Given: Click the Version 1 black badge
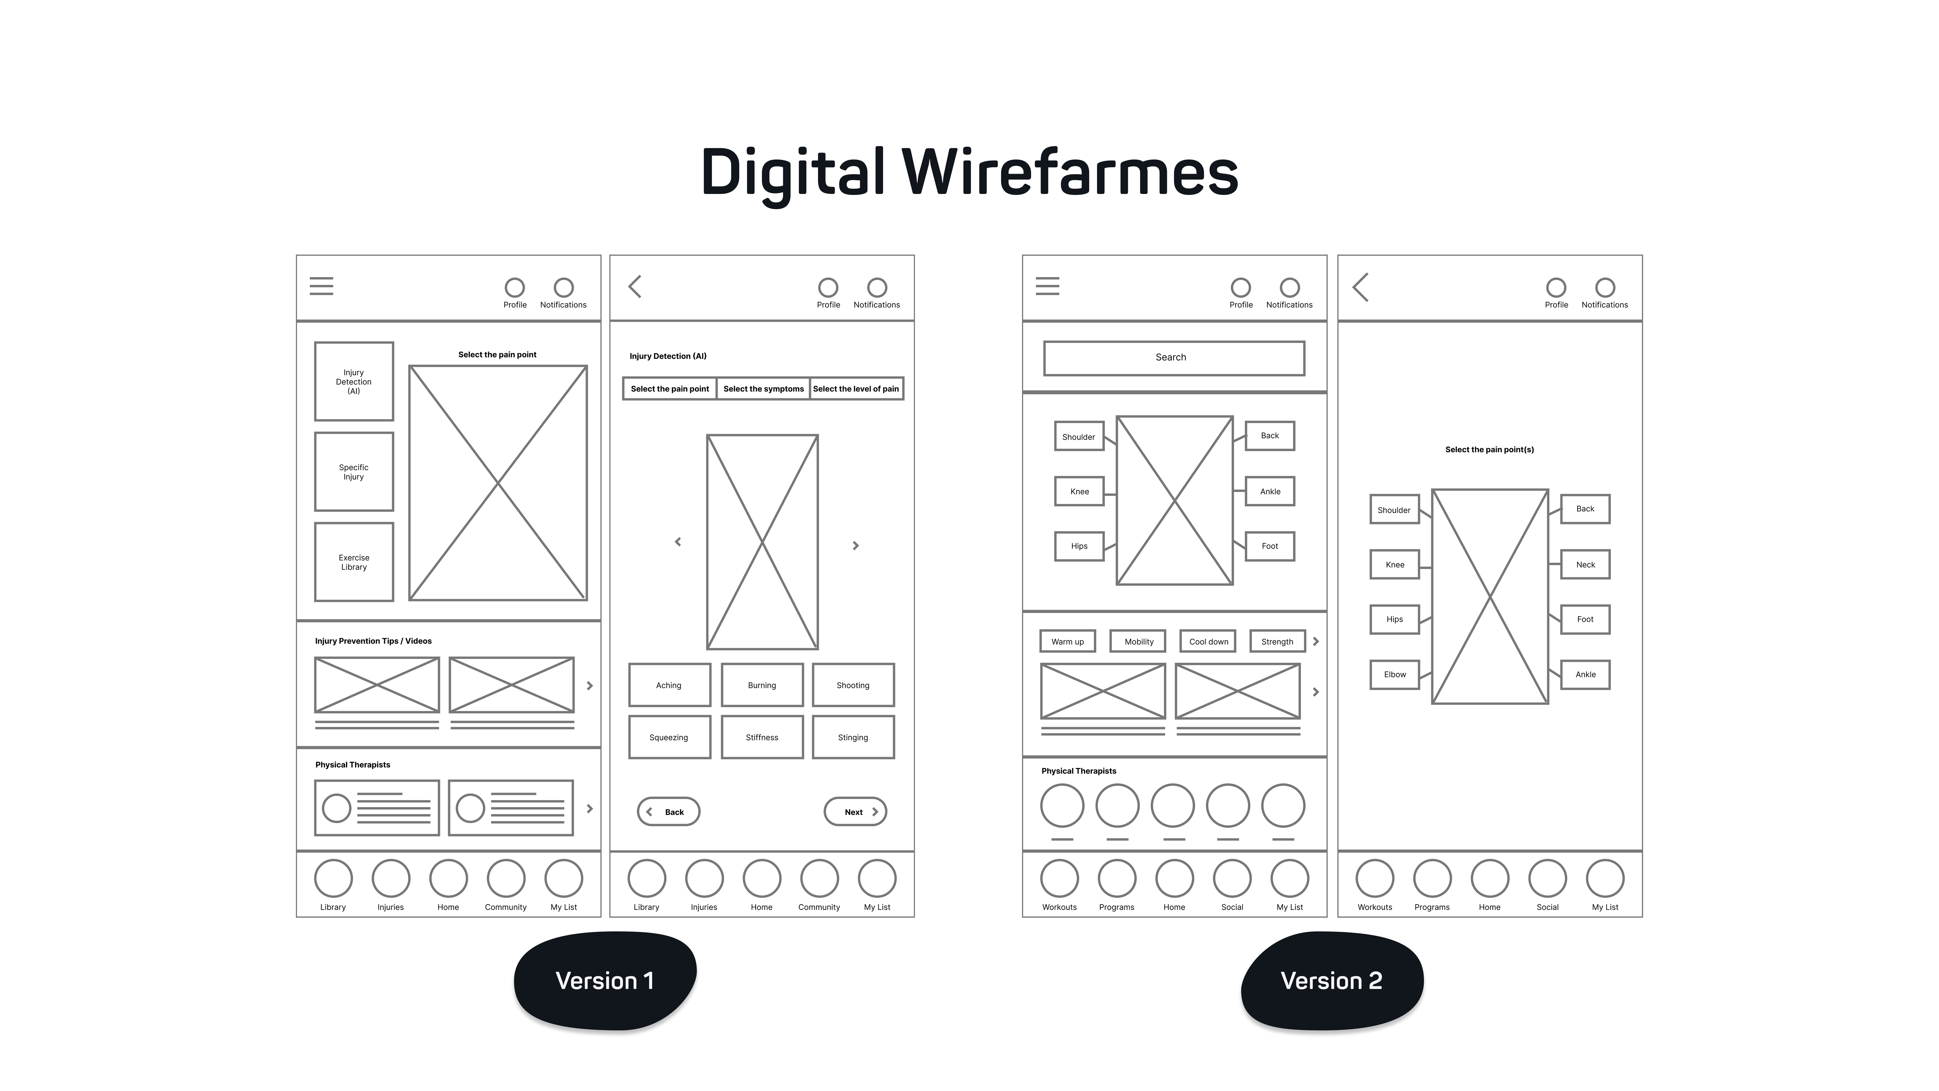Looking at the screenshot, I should coord(604,980).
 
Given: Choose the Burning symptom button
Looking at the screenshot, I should coord(762,685).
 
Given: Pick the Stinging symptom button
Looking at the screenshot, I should coord(853,737).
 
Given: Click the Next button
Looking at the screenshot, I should coord(855,812).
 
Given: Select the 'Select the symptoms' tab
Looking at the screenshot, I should coord(763,388).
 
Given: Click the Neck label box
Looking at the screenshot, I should coord(1585,565).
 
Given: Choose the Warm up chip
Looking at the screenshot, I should coord(1067,641).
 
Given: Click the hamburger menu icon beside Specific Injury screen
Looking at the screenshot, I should coord(321,286).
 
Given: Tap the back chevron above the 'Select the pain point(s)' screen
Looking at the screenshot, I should coord(1361,287).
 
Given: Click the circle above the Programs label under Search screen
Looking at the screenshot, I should coord(1116,878).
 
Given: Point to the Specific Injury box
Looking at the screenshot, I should coord(354,472).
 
